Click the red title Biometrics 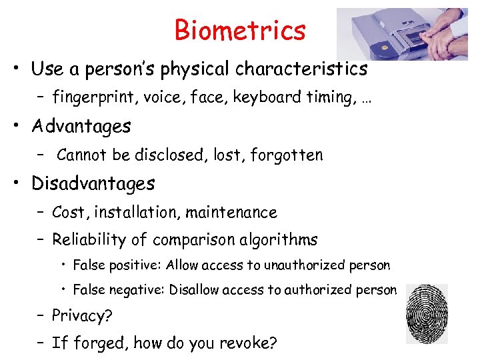coord(240,30)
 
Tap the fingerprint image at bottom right coord(426,314)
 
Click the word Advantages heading coord(81,126)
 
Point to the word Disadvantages coord(93,183)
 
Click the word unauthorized coord(305,265)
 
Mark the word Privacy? coord(79,315)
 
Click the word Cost coord(69,213)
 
